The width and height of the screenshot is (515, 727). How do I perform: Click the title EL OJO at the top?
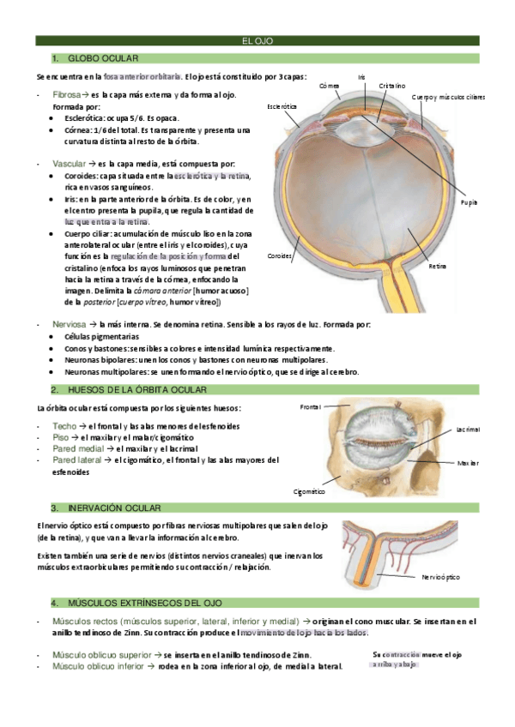tap(257, 40)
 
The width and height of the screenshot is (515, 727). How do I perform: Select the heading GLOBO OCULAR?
tap(101, 57)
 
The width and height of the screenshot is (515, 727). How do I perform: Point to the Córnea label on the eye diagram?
tap(329, 86)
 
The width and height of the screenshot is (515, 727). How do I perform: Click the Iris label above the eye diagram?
tap(362, 77)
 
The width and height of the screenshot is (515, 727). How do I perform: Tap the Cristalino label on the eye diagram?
tap(392, 86)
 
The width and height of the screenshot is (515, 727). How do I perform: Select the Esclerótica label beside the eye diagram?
tap(282, 106)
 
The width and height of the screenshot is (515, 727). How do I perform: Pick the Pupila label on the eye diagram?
tap(468, 202)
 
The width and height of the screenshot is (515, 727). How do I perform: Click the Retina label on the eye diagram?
tap(438, 267)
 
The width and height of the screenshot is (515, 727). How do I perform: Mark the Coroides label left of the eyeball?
tap(279, 256)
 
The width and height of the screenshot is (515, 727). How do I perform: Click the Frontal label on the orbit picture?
tap(310, 406)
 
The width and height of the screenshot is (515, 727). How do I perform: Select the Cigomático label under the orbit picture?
tap(309, 491)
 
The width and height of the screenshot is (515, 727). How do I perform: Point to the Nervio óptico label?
tap(440, 577)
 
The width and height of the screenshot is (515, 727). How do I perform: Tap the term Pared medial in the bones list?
tap(76, 448)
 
